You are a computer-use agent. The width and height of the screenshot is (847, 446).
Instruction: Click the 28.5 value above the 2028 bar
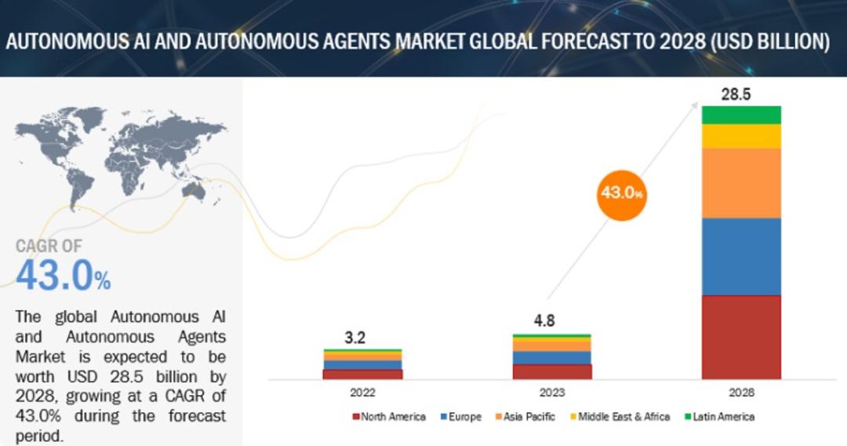click(736, 94)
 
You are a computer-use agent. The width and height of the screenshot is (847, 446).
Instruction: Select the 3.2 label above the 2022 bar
click(355, 338)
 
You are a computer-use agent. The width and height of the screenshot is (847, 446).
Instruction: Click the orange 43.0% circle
click(621, 192)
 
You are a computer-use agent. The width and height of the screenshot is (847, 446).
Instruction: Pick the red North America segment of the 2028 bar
click(741, 338)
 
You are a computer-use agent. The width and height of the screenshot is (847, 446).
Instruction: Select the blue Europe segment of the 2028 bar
click(741, 257)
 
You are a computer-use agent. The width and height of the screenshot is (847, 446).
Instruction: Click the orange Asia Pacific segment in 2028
click(741, 183)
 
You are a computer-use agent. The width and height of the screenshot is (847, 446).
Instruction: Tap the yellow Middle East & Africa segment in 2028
click(741, 137)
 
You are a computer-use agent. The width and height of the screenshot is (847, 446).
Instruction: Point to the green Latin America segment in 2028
click(741, 115)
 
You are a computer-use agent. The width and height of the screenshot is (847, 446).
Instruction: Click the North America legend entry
click(389, 417)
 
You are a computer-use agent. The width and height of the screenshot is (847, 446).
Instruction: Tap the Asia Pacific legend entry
click(524, 417)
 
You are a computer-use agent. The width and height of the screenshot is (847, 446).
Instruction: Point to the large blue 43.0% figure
click(64, 275)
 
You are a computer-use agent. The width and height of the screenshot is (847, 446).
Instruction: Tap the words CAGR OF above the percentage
click(49, 246)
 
